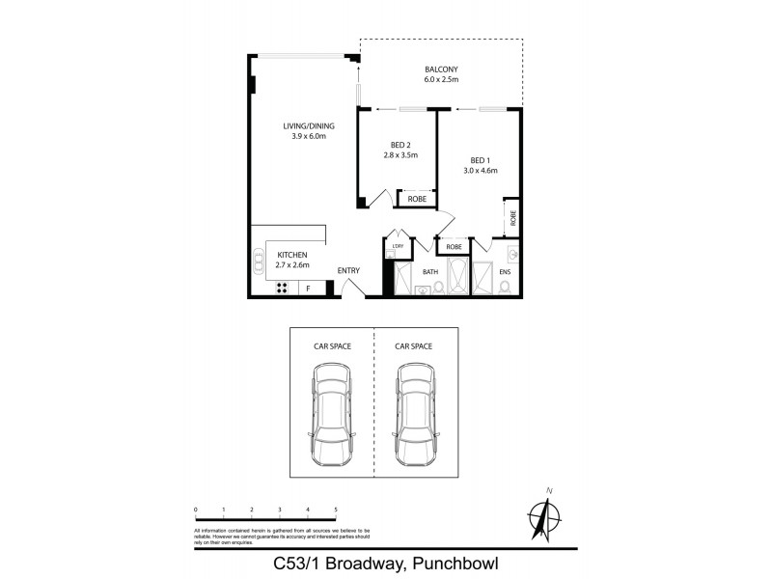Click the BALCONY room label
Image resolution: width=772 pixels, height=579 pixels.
click(x=440, y=69)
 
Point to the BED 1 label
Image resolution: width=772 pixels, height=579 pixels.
click(x=480, y=160)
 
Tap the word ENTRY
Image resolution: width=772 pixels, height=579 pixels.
click(x=348, y=270)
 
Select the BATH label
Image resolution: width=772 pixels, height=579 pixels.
click(x=430, y=272)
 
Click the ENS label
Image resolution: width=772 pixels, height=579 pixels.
click(x=505, y=272)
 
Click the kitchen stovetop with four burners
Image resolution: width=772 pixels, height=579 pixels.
click(x=284, y=287)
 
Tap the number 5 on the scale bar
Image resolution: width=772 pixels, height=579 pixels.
click(x=336, y=509)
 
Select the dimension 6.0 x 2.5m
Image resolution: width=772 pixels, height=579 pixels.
click(x=440, y=79)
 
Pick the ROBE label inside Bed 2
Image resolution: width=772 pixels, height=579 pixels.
click(x=417, y=199)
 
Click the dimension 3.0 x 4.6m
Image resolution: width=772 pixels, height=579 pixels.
click(x=480, y=171)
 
